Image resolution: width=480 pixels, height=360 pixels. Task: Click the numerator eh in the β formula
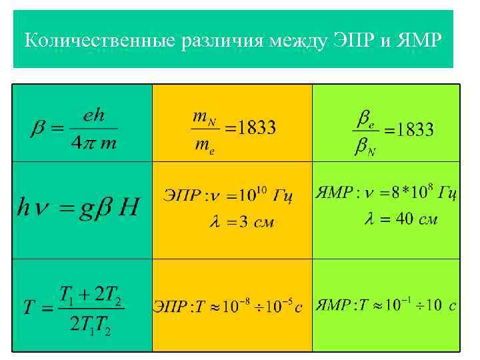(x=94, y=115)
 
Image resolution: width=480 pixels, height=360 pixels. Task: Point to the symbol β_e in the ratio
(x=364, y=119)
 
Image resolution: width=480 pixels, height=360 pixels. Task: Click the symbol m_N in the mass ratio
(x=203, y=117)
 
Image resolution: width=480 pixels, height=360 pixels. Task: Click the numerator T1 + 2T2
(x=91, y=294)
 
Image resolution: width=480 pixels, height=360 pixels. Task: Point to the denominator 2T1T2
(x=91, y=325)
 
